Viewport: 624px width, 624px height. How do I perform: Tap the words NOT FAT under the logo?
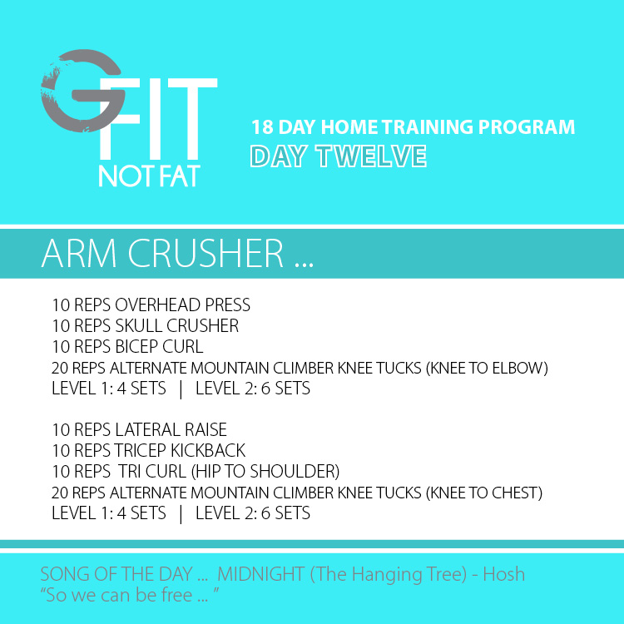(149, 176)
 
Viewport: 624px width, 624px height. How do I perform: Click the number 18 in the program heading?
(262, 127)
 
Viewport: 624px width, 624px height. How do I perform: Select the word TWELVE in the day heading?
(371, 156)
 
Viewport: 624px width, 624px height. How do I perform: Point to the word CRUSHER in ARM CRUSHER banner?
(206, 254)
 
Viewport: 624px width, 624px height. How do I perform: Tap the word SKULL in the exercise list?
(139, 326)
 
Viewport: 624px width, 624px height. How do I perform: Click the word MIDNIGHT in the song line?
(261, 574)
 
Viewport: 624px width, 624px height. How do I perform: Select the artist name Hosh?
(504, 574)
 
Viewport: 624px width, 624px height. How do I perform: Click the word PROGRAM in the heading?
(527, 127)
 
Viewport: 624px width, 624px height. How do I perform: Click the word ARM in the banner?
(79, 254)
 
